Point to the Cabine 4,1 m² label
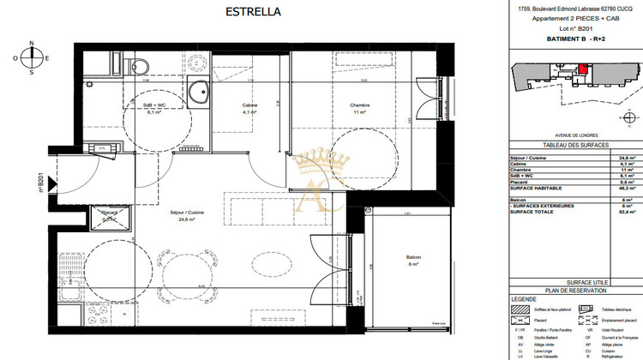click(249, 109)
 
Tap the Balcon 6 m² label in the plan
click(412, 261)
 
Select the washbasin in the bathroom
click(201, 93)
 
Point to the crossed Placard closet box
click(110, 216)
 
